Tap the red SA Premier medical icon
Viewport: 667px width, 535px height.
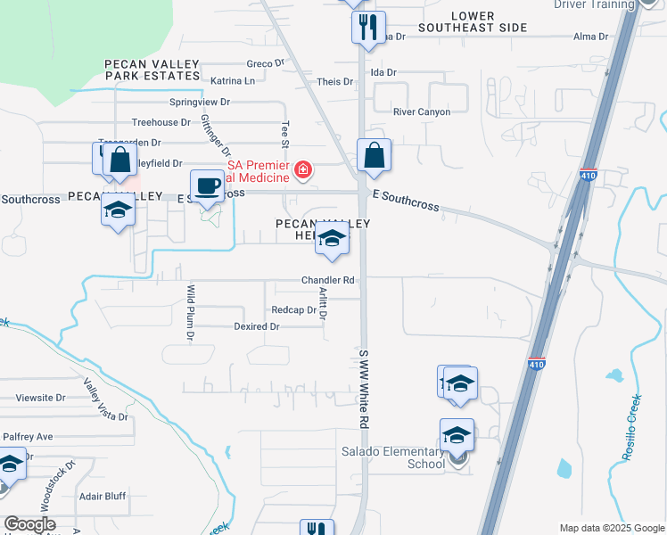point(304,169)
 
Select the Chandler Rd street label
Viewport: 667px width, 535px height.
point(327,280)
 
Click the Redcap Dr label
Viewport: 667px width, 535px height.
point(294,310)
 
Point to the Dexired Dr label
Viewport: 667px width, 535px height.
point(257,327)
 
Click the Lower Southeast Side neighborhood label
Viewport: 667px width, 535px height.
point(490,22)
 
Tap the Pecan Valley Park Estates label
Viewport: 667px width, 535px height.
point(149,70)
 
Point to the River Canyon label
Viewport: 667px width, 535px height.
point(422,112)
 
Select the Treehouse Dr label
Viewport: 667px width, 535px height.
point(161,122)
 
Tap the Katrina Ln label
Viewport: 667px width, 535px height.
point(233,81)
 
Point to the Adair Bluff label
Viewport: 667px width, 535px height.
point(103,496)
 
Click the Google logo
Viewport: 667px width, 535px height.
point(29,524)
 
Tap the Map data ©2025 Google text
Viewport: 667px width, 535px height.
point(611,528)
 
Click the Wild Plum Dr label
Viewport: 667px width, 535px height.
point(191,313)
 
